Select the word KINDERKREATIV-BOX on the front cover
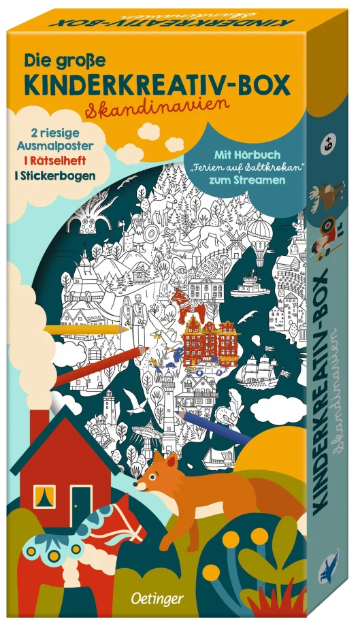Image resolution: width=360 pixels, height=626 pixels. coord(157,84)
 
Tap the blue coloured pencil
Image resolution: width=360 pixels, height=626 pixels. coord(205,420)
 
